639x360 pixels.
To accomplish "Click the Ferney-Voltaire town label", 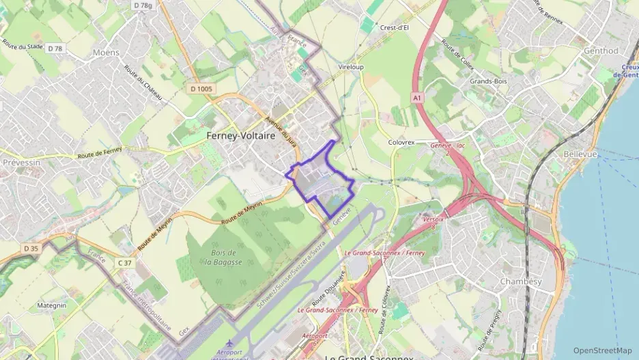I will click(x=240, y=136).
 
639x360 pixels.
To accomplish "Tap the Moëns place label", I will click(x=106, y=53).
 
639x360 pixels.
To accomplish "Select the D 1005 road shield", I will click(x=202, y=89).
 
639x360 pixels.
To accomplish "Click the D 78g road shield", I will click(x=143, y=5).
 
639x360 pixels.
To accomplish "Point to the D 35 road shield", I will click(x=31, y=248).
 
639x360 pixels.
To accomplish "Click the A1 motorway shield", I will click(x=416, y=98).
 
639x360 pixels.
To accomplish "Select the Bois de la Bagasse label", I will click(x=219, y=258).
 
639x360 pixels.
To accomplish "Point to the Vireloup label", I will click(x=351, y=68).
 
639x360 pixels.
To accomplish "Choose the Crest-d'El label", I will click(x=394, y=28).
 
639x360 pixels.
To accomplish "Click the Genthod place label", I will click(x=601, y=51).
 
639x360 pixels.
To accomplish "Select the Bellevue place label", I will click(x=581, y=154).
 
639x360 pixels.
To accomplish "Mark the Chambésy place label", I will click(x=521, y=281).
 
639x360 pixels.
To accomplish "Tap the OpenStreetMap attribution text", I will click(x=603, y=350).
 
